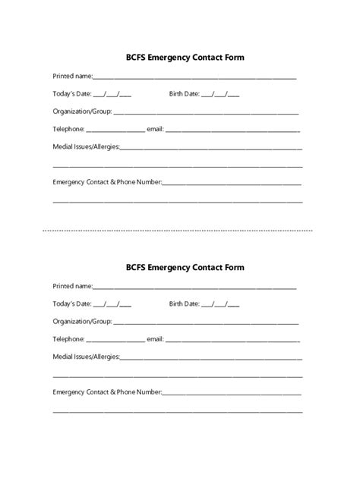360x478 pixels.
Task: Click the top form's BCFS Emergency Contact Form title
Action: [x=179, y=57]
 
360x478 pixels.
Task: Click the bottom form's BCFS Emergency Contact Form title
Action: [x=179, y=267]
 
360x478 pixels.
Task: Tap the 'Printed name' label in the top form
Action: [x=71, y=76]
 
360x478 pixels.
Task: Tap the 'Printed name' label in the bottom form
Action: [x=71, y=286]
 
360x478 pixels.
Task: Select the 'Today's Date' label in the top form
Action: [x=71, y=94]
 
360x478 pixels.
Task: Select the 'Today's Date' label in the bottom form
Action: [x=71, y=304]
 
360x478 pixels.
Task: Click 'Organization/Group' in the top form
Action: [x=81, y=112]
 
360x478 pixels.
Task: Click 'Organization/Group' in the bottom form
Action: [x=81, y=322]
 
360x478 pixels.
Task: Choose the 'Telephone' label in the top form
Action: [x=68, y=129]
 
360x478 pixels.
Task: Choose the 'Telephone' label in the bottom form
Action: [x=68, y=339]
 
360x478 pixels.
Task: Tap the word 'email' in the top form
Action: [x=154, y=129]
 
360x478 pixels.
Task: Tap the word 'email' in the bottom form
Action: [x=154, y=339]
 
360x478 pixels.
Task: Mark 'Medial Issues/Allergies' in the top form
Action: [x=86, y=146]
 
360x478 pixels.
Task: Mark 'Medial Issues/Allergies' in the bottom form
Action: [x=86, y=357]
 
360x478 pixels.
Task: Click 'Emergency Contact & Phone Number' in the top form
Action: [x=106, y=182]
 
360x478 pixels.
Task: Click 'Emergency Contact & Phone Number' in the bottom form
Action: [x=106, y=392]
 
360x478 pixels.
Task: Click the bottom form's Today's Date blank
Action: [x=112, y=305]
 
